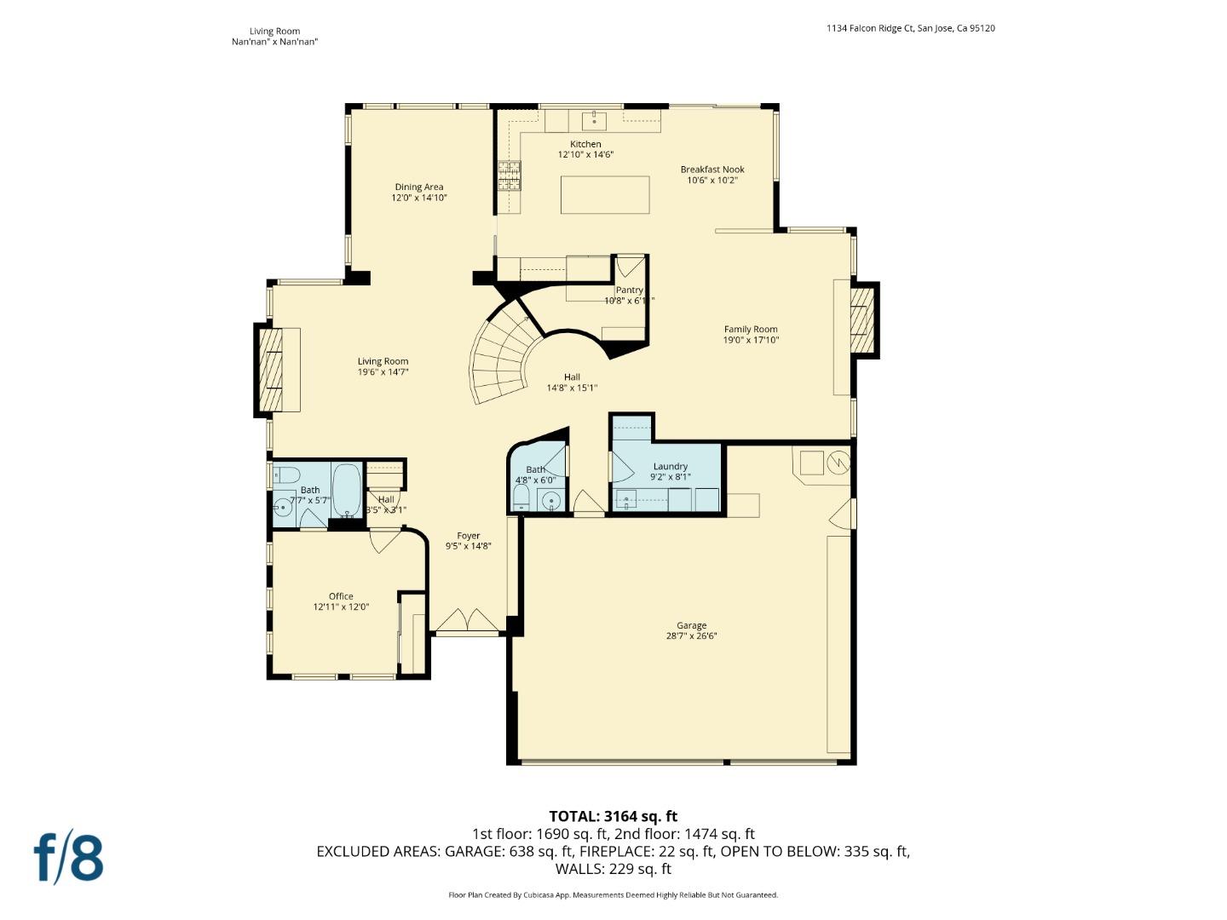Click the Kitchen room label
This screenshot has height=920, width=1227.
tap(585, 144)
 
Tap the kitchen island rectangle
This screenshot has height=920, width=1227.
tap(605, 194)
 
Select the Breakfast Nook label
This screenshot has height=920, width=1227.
tap(712, 170)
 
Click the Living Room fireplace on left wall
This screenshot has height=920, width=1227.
tap(270, 371)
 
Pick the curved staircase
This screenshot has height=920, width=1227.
tap(503, 358)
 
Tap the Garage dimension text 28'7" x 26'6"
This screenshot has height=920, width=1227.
tap(691, 635)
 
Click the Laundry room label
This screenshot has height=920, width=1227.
tap(671, 466)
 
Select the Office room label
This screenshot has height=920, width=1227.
tap(341, 596)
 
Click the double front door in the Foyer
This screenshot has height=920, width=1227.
tap(467, 620)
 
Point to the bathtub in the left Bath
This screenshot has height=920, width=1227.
tap(346, 491)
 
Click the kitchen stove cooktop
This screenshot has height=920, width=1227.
tap(510, 175)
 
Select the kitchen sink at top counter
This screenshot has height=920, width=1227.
tap(594, 118)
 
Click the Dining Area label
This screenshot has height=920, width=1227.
tap(419, 187)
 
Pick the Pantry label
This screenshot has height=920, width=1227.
tap(629, 290)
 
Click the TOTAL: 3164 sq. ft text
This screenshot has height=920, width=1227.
tap(613, 816)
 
